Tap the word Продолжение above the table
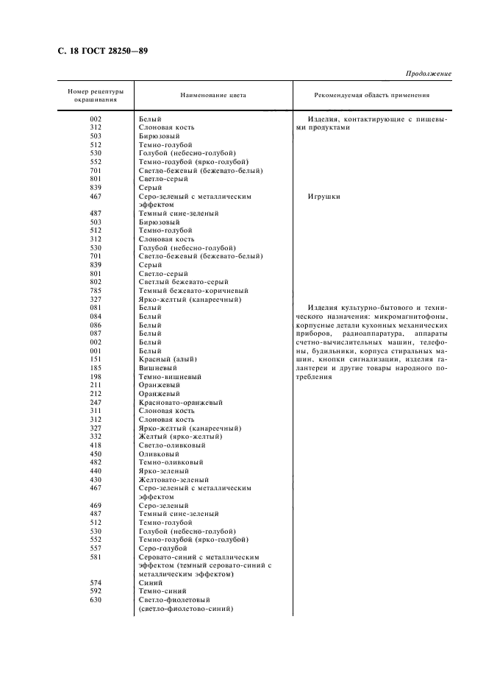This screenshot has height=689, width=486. coord(428,74)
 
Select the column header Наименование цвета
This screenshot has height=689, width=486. coord(213,96)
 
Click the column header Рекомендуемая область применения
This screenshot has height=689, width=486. coord(371,96)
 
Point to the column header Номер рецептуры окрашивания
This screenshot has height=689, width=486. coord(96,96)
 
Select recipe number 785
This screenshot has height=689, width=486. coord(96,291)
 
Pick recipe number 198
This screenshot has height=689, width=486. coord(96,375)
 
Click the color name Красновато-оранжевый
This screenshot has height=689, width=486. coord(181,403)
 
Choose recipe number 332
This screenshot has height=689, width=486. coord(96,437)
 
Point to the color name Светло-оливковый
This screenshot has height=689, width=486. coord(172,445)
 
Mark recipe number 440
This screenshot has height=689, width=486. coord(96,470)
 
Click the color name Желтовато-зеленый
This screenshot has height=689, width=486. coord(174,479)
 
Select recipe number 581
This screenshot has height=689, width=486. coord(96,557)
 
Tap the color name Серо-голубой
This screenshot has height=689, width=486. coord(162,548)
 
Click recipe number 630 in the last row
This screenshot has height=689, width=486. coord(96,600)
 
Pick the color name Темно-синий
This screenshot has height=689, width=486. coord(162,591)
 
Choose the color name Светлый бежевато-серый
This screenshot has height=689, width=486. coord(183,282)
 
